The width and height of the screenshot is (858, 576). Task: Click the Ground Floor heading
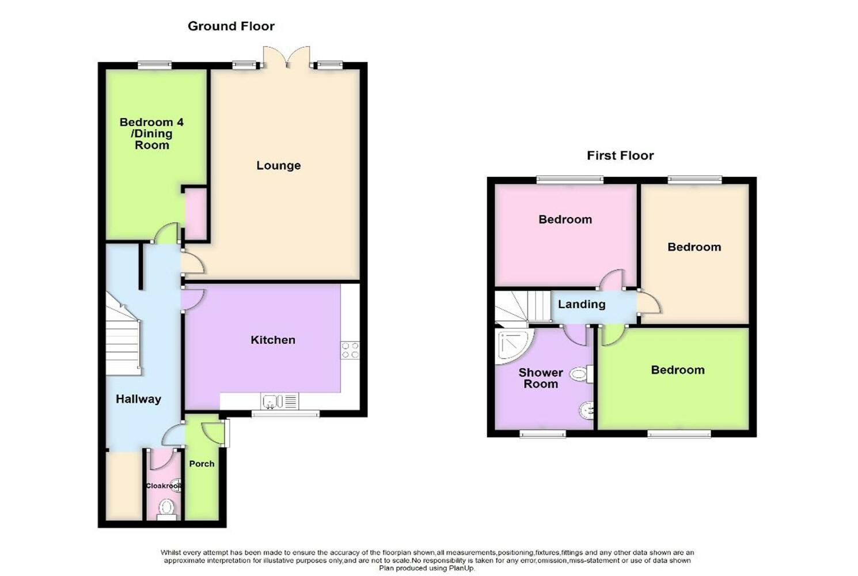(231, 26)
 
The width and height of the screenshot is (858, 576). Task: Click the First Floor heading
(620, 156)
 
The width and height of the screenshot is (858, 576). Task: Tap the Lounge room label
(279, 165)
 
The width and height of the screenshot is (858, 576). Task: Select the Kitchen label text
(273, 340)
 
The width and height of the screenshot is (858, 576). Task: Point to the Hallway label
(138, 399)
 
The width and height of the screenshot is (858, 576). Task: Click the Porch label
(202, 464)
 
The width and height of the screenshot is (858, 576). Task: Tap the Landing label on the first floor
(582, 304)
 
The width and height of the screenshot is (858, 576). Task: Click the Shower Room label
(541, 378)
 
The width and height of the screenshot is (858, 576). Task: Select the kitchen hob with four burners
(350, 350)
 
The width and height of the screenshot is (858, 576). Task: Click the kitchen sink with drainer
(280, 401)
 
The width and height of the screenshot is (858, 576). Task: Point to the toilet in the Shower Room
(581, 374)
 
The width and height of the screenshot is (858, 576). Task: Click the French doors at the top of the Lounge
(287, 58)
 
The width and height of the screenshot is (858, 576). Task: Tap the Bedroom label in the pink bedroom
(565, 219)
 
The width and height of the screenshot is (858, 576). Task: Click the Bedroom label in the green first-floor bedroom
(678, 370)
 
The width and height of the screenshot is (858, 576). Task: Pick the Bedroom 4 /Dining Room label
(151, 134)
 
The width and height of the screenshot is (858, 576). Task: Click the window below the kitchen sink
(286, 414)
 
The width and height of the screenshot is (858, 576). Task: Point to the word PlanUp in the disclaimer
(462, 569)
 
